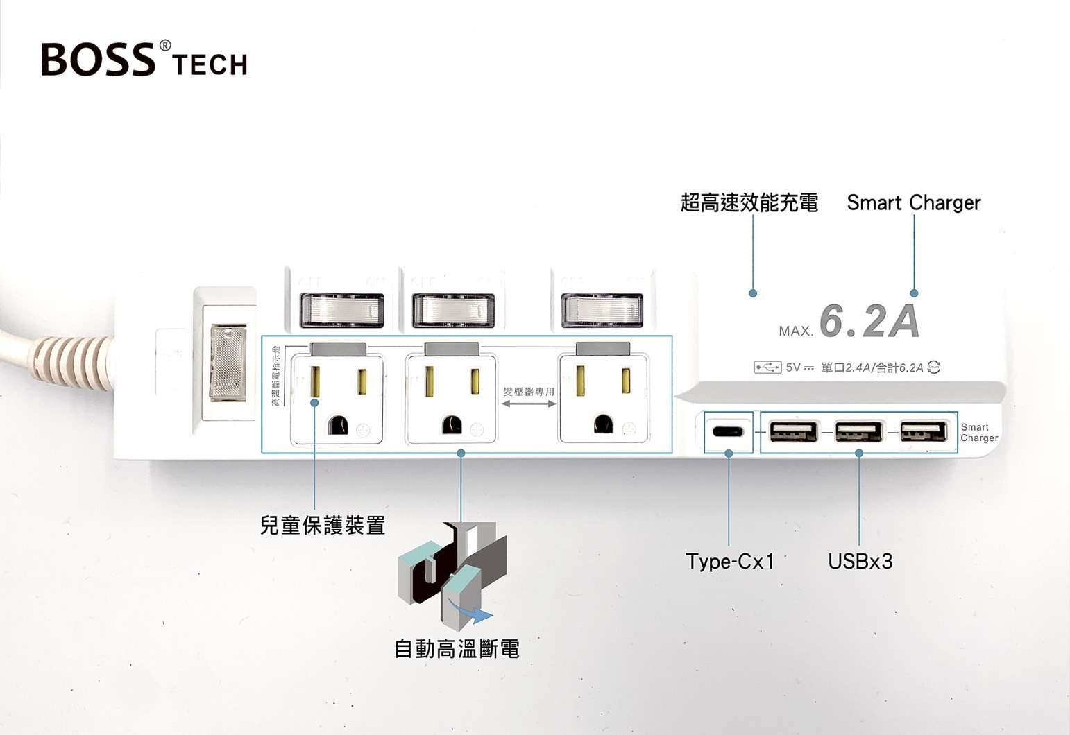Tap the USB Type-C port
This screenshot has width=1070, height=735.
point(727,432)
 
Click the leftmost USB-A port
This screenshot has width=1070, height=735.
point(793,431)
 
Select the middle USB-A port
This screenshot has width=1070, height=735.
point(858,431)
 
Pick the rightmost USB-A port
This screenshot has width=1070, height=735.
point(924,431)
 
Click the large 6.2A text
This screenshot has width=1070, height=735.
point(869,321)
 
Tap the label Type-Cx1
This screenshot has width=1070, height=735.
point(729,561)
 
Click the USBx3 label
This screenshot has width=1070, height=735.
point(860,561)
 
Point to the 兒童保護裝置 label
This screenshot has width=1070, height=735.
point(322,526)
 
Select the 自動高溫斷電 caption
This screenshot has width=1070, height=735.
point(457,649)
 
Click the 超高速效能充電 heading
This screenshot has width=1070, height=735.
point(749,202)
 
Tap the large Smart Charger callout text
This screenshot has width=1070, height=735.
point(913,202)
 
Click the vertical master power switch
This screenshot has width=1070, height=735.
point(228,363)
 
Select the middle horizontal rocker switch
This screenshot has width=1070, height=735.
point(453,310)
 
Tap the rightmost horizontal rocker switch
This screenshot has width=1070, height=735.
point(602,310)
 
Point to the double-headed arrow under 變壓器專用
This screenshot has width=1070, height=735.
point(528,404)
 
